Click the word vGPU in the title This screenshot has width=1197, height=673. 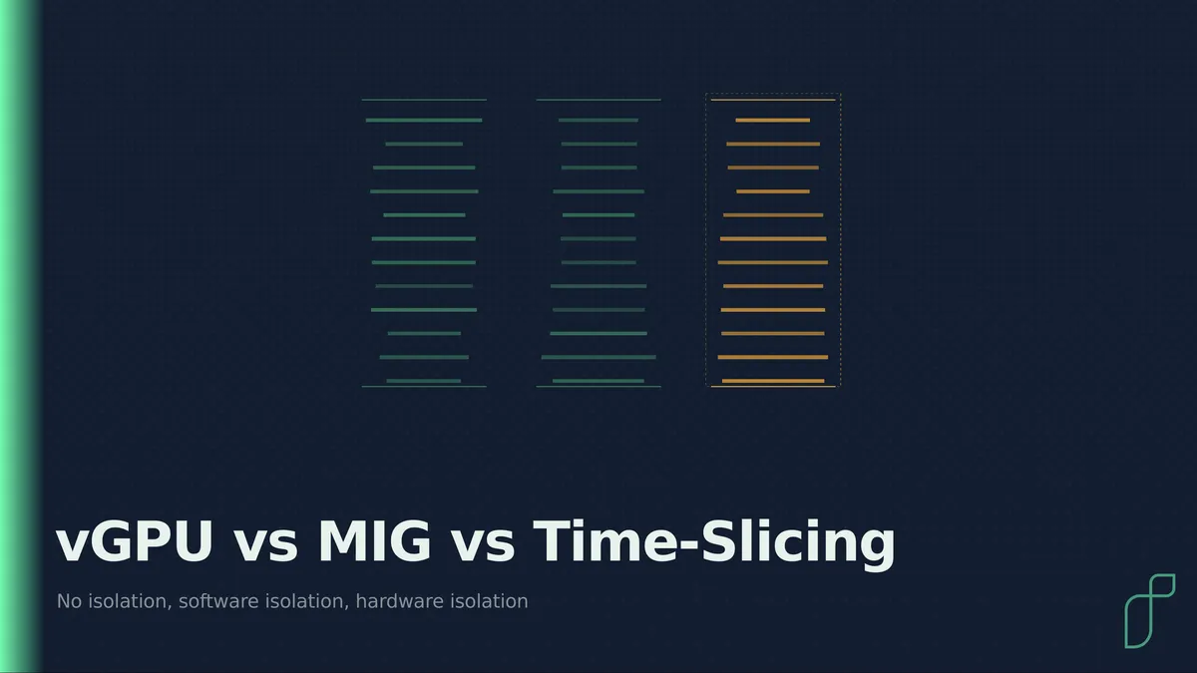tap(134, 541)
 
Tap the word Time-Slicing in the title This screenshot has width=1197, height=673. tap(714, 543)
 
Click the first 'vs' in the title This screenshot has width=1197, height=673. tap(265, 546)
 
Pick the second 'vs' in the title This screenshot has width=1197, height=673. tap(483, 546)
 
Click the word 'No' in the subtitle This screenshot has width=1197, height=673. tap(69, 601)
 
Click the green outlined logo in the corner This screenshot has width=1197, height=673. tap(1150, 611)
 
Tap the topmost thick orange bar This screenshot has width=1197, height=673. tap(773, 121)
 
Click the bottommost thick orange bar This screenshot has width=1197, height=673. tap(773, 381)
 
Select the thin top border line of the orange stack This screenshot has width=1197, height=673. tap(773, 100)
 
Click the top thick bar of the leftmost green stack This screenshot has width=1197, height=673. tap(424, 121)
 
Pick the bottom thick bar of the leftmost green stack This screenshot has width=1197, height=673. tap(424, 381)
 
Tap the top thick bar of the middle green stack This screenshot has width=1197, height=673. tap(598, 121)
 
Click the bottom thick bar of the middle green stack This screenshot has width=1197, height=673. tap(598, 381)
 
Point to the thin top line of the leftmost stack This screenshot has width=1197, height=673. tap(424, 100)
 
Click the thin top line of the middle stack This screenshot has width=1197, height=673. tap(598, 100)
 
